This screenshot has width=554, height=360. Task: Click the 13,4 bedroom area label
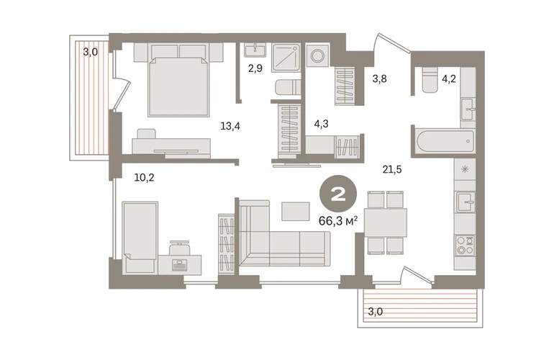pyautogui.click(x=230, y=126)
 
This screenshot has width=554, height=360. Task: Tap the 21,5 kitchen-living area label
pyautogui.click(x=392, y=170)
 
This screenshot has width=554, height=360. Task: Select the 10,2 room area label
pyautogui.click(x=144, y=178)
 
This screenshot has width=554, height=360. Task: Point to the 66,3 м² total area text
pyautogui.click(x=338, y=221)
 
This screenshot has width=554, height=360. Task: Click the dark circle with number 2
pyautogui.click(x=338, y=194)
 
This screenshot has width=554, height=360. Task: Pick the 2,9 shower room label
pyautogui.click(x=255, y=68)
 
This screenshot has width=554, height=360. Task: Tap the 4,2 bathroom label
pyautogui.click(x=449, y=78)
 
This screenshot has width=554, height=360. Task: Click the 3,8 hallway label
pyautogui.click(x=379, y=79)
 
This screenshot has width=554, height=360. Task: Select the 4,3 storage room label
pyautogui.click(x=321, y=124)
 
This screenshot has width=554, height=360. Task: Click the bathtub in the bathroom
pyautogui.click(x=446, y=141)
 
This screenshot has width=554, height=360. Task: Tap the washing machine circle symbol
pyautogui.click(x=317, y=55)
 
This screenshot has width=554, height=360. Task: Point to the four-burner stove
pyautogui.click(x=465, y=246)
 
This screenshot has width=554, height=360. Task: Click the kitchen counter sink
pyautogui.click(x=466, y=202)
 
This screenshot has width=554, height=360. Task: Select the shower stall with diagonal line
pyautogui.click(x=286, y=58)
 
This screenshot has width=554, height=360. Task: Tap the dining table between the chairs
pyautogui.click(x=386, y=222)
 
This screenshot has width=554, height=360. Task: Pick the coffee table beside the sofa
pyautogui.click(x=296, y=212)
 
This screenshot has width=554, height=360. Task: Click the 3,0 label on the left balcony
pyautogui.click(x=91, y=53)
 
